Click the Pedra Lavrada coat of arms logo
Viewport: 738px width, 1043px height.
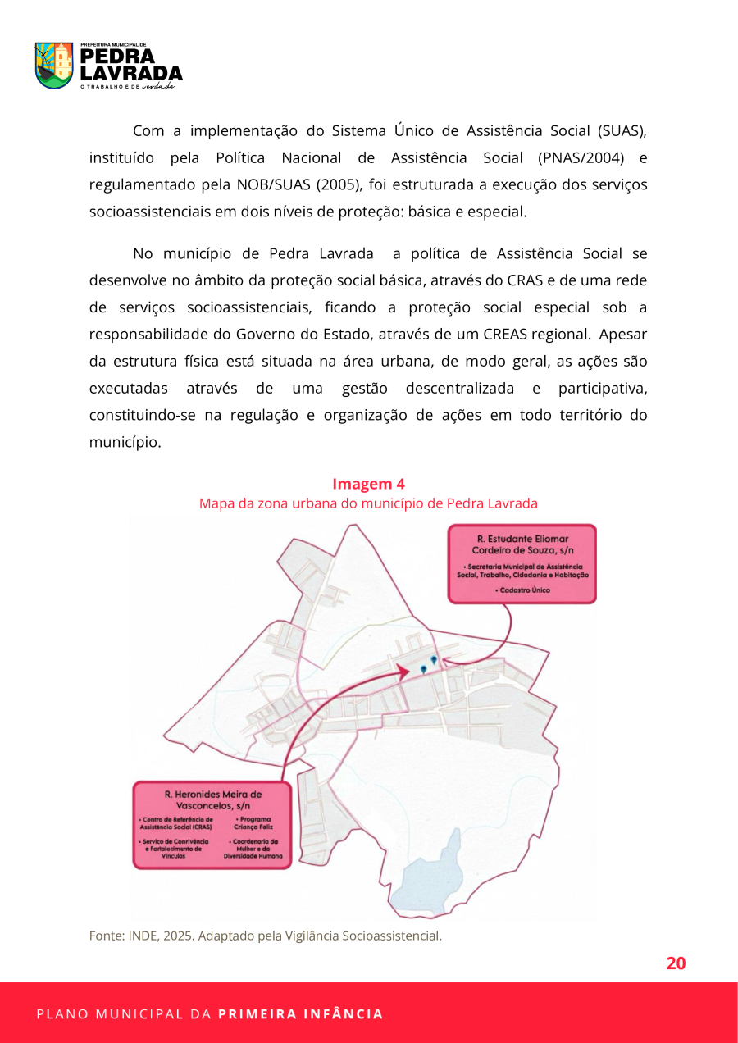tap(54, 66)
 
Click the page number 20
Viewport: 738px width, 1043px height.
tap(676, 963)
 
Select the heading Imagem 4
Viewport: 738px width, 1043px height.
tap(368, 484)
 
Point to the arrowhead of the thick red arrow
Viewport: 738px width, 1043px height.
tap(406, 672)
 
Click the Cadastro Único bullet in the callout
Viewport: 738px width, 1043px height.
tap(522, 590)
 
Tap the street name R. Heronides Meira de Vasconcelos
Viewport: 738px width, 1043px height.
tap(212, 800)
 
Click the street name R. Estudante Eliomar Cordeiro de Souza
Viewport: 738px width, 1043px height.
tap(522, 544)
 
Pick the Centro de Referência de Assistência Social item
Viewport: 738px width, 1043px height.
tap(176, 823)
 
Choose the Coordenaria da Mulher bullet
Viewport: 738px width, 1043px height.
tap(255, 849)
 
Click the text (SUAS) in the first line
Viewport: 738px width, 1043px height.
tap(623, 130)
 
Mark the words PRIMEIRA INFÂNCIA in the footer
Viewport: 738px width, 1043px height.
tap(300, 1014)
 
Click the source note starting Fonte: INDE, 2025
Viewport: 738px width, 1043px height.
tap(265, 936)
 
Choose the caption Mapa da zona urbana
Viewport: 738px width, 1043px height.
tap(368, 503)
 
